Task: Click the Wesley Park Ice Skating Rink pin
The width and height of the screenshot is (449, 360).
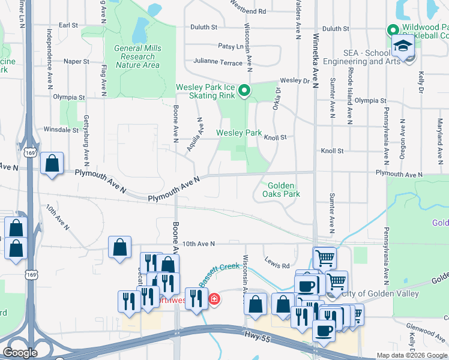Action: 244,91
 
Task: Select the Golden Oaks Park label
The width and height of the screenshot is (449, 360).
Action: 281,190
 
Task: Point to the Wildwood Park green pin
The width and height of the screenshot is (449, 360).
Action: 393,29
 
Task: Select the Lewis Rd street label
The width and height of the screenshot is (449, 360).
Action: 277,265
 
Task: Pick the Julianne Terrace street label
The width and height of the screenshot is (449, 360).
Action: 217,61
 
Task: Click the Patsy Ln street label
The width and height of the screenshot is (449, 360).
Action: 228,46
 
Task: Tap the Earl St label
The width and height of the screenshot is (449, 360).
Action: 68,26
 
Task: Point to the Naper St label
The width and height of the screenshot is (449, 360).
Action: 76,61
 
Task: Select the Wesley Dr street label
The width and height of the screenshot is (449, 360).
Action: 294,80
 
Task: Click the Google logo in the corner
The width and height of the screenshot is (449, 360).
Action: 21,353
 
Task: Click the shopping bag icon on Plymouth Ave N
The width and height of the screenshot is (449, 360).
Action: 52,164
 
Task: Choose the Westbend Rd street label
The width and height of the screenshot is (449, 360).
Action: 248,11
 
